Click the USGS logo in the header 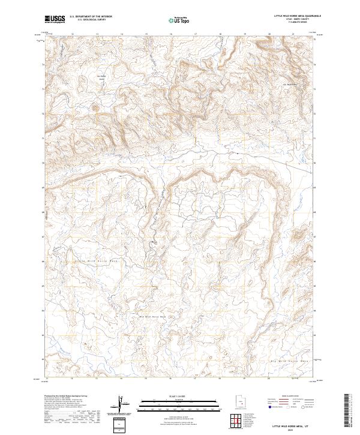coord(55,19)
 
